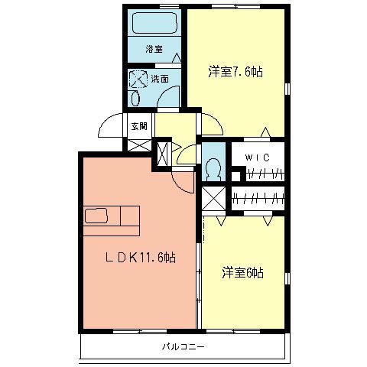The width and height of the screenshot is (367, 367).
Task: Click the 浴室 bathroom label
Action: [x=154, y=49]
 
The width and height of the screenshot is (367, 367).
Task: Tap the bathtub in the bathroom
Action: [x=153, y=24]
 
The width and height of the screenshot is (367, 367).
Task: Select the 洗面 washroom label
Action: [x=160, y=79]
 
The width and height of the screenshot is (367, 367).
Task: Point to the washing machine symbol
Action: [x=138, y=78]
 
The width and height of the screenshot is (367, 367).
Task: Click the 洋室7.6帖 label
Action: [x=236, y=73]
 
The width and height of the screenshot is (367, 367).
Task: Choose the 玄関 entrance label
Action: [x=138, y=126]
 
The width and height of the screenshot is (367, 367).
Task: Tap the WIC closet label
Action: [x=255, y=158]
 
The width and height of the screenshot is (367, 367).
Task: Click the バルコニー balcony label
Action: [x=183, y=346]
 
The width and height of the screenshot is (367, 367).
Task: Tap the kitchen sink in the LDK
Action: [x=97, y=215]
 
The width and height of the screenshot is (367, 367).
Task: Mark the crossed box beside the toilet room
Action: [x=214, y=200]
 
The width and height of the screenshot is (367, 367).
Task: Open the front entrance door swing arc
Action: [x=111, y=126]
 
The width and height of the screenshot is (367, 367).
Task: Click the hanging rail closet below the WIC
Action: [x=257, y=199]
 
